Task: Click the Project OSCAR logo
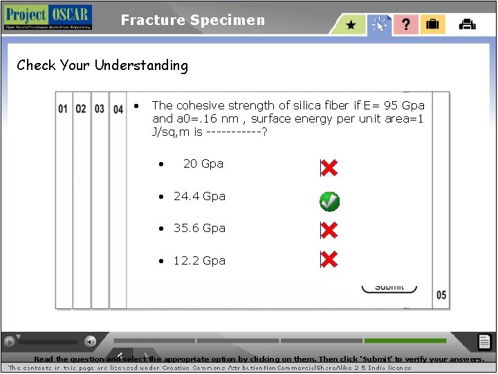47,17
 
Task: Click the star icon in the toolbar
351,25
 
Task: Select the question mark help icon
406,25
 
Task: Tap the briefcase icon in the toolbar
433,25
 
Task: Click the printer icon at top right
468,24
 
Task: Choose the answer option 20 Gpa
203,163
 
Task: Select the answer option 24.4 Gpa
199,196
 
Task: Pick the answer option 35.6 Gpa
199,228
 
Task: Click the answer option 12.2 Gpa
199,260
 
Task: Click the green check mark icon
329,202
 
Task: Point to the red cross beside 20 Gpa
329,168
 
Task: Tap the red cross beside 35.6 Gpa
329,230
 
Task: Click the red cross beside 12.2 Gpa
329,260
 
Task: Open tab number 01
63,109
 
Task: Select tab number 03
100,109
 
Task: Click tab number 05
441,295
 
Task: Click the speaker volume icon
90,341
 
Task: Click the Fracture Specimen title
192,20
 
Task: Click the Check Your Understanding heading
102,66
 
